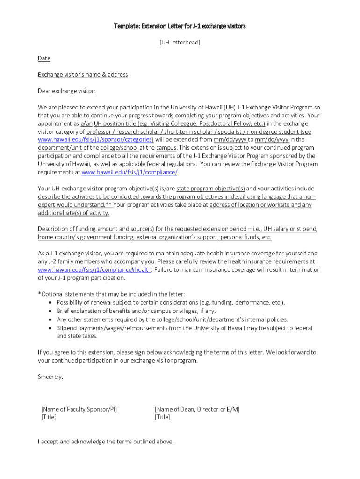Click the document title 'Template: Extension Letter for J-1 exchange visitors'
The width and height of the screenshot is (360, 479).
(x=180, y=26)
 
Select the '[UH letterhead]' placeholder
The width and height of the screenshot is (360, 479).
(x=180, y=43)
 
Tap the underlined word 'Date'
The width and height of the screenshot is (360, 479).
(x=44, y=58)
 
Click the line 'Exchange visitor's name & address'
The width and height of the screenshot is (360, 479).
(x=83, y=75)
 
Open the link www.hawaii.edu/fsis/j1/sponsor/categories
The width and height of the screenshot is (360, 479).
(x=95, y=139)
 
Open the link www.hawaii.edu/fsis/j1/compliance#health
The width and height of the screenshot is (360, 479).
(x=95, y=270)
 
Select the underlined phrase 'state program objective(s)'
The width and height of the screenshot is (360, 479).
(x=210, y=189)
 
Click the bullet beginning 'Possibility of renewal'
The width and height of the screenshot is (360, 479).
(x=171, y=303)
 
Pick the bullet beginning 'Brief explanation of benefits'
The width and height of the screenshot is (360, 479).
(x=137, y=311)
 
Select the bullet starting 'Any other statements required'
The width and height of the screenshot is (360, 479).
(x=172, y=319)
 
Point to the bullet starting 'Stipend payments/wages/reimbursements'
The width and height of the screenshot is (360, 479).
(x=184, y=328)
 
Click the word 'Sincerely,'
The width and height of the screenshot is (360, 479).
(x=50, y=377)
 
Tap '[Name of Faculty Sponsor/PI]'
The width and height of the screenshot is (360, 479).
(x=79, y=409)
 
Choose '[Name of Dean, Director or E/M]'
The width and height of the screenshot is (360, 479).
(x=197, y=409)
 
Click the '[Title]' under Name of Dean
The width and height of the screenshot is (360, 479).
(x=162, y=417)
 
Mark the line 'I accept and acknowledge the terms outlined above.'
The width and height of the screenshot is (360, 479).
(x=106, y=441)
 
